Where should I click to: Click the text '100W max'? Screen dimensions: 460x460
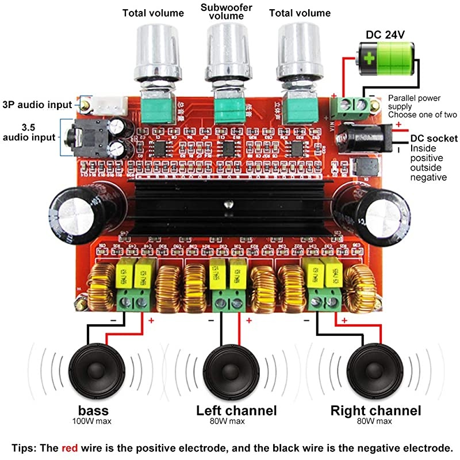(x=92, y=422)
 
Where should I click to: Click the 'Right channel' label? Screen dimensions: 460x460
(x=375, y=411)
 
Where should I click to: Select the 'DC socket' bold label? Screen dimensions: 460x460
(x=434, y=138)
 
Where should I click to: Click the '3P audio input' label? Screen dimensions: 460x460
(x=37, y=105)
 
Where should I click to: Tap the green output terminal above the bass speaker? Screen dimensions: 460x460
(x=134, y=299)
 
